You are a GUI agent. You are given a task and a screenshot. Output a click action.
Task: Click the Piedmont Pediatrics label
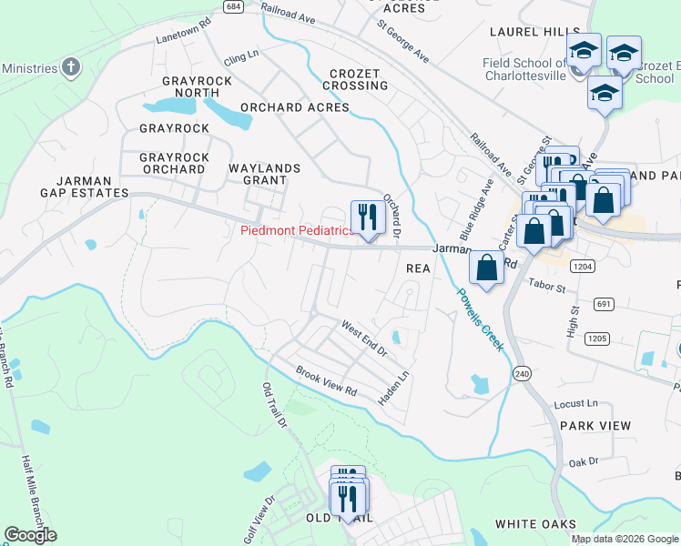pos(297,230)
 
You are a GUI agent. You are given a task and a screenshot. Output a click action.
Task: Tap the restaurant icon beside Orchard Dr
pos(367,217)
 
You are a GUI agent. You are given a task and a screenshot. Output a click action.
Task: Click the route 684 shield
pos(234,6)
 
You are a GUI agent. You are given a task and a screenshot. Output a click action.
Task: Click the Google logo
pos(30,535)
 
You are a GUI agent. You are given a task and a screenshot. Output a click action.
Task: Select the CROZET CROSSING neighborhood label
pos(359,79)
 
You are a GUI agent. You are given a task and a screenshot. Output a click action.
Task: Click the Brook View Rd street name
pos(325,381)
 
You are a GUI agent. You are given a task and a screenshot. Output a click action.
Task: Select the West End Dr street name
pos(364,338)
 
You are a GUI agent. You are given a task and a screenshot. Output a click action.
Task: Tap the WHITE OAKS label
pos(535,524)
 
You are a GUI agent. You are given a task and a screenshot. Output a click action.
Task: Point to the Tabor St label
pos(547,288)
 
